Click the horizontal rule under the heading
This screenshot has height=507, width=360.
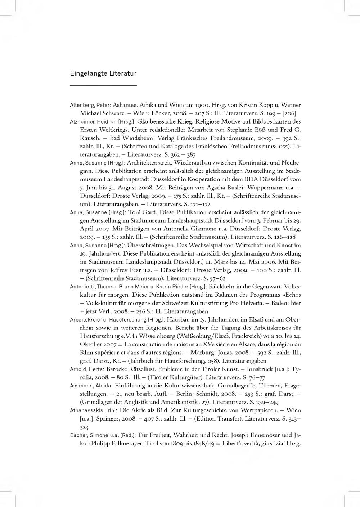(x=103, y=85)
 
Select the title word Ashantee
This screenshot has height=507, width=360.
(x=124, y=106)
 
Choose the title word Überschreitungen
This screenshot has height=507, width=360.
(x=149, y=245)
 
